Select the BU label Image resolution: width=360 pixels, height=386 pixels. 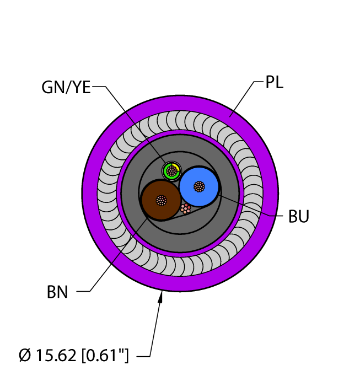299,217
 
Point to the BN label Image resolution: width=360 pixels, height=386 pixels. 57,292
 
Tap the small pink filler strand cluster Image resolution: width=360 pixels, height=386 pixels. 186,209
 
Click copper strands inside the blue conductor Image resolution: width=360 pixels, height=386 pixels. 199,186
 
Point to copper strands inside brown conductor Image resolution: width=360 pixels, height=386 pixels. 161,200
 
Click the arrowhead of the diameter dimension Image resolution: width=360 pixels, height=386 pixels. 161,298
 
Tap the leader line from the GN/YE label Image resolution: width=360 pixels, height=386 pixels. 132,121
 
